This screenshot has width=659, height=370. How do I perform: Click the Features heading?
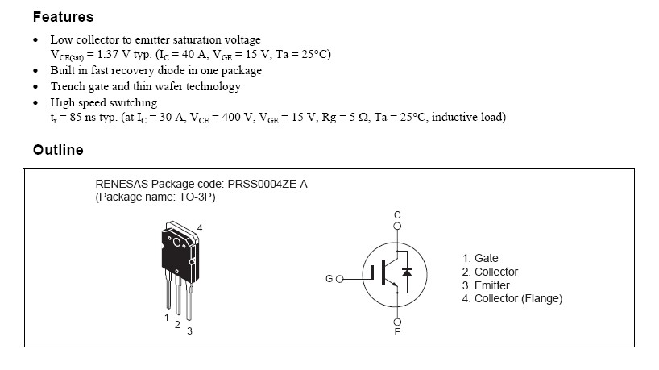click(63, 17)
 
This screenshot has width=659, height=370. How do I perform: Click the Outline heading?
click(57, 150)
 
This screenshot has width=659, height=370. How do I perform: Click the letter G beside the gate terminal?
click(329, 279)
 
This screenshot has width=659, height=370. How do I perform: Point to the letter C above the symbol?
click(396, 214)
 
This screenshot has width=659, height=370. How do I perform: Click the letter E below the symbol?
click(396, 331)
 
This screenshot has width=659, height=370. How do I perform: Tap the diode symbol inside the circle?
click(407, 272)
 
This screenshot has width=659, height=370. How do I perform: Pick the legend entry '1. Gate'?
click(480, 258)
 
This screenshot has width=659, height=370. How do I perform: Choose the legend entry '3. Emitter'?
click(486, 285)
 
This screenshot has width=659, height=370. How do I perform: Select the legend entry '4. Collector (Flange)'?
click(512, 299)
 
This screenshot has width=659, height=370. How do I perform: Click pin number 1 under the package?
click(167, 318)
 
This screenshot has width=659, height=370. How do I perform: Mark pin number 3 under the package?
click(189, 331)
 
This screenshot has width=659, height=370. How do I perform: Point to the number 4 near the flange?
click(200, 228)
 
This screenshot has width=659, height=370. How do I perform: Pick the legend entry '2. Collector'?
click(490, 272)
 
